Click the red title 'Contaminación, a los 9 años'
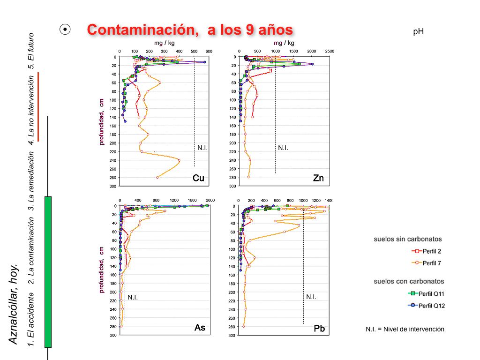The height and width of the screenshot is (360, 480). point(190,30)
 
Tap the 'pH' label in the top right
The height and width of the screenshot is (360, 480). point(419,31)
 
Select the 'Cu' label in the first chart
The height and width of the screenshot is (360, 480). point(198,178)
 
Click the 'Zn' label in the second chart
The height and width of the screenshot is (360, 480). point(318,178)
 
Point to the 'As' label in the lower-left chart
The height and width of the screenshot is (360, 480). point(200,328)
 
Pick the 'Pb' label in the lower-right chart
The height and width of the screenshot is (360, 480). point(319,329)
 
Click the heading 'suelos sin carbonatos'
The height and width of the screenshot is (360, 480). point(408,239)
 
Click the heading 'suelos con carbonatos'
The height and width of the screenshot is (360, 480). point(409,281)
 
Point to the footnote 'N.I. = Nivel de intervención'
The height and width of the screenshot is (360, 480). point(405,329)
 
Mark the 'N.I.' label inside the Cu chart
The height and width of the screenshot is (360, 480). point(202,148)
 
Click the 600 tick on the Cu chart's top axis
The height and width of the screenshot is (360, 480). point(209,51)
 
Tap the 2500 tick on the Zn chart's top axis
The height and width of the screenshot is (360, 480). point(330,51)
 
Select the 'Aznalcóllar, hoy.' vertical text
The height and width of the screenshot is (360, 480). point(14,304)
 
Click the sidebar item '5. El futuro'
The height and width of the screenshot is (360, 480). point(31,51)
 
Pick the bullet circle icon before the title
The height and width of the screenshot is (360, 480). point(65,30)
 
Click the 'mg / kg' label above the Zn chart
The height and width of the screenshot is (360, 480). point(284,43)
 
